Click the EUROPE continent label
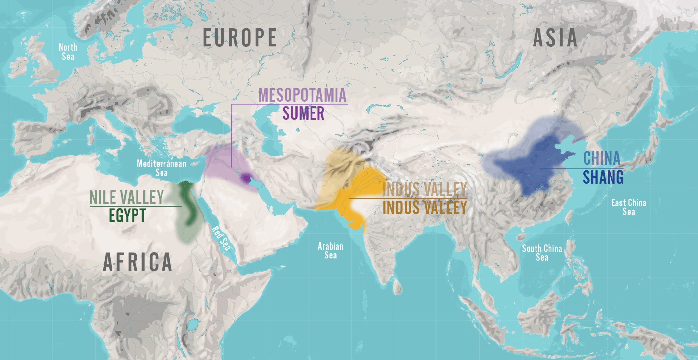click(240, 37)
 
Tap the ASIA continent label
click(555, 38)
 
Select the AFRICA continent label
click(137, 262)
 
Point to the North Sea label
click(68, 52)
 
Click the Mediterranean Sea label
click(162, 168)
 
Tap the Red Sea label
click(221, 238)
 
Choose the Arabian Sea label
click(331, 251)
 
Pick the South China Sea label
click(542, 253)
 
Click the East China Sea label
click(629, 207)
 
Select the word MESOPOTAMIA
click(302, 95)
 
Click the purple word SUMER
click(303, 114)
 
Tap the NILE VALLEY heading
click(127, 198)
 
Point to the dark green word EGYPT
click(127, 216)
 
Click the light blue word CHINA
click(602, 158)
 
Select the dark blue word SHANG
click(603, 178)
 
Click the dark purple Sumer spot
click(246, 179)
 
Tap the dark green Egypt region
click(187, 204)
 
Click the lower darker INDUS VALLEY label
click(425, 208)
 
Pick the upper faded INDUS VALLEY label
click(425, 189)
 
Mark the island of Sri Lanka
click(398, 288)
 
